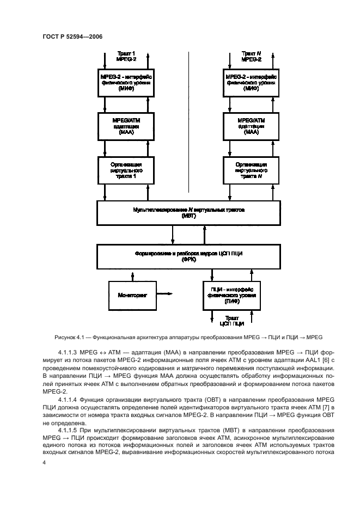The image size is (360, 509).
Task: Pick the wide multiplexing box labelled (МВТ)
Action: [x=190, y=212]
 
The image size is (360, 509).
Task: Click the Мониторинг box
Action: [x=132, y=294]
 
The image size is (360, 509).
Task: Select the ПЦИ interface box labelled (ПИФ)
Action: [x=232, y=295]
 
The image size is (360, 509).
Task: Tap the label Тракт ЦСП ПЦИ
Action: [x=232, y=321]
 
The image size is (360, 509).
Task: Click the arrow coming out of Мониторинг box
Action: [x=166, y=294]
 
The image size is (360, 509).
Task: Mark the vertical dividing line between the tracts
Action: [x=188, y=120]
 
